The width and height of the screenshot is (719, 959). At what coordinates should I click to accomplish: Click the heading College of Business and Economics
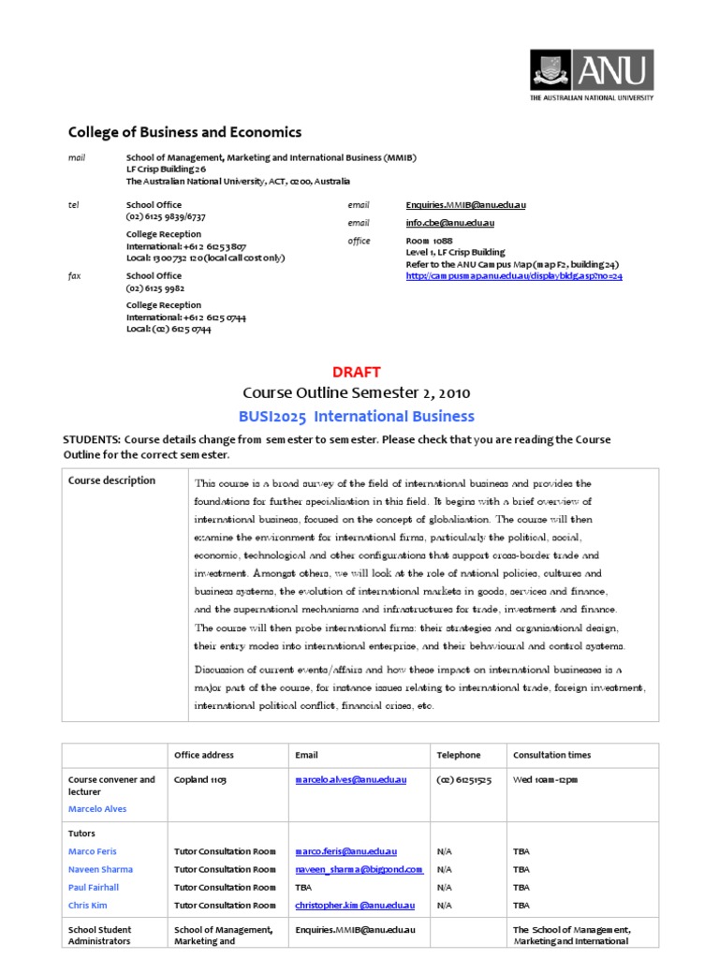185,133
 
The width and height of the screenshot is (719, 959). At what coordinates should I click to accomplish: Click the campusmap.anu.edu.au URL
514,276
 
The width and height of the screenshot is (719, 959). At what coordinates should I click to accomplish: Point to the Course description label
112,481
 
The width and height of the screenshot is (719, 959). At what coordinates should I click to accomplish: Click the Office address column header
204,755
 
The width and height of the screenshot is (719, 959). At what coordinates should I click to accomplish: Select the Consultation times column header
552,755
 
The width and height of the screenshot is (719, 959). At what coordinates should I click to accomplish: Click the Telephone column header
459,755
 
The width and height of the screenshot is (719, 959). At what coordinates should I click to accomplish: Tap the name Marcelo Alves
97,808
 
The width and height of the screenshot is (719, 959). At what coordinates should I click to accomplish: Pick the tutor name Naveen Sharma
99,869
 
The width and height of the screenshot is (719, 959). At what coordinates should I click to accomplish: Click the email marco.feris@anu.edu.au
346,851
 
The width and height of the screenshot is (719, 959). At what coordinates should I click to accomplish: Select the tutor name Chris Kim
90,905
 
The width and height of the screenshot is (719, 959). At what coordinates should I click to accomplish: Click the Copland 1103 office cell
200,779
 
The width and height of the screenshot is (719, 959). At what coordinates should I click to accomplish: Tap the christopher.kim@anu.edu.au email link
355,905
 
